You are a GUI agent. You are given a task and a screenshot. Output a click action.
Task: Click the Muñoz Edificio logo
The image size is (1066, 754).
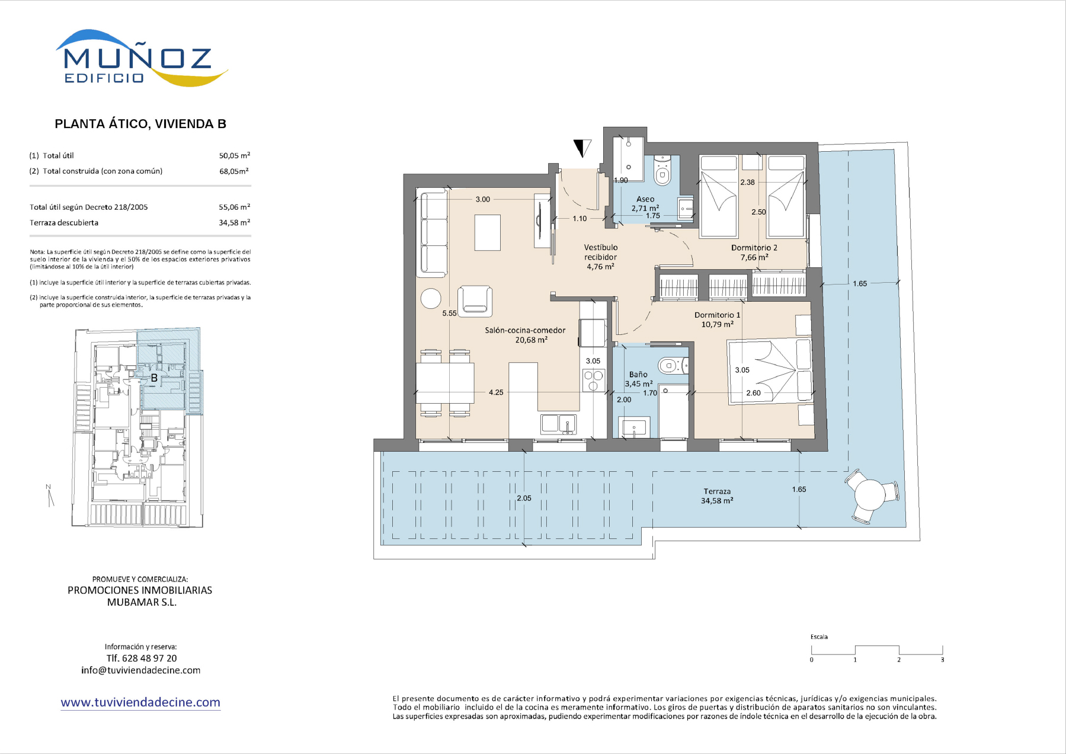(142, 58)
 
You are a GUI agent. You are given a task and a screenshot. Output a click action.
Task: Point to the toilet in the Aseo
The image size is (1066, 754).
(662, 171)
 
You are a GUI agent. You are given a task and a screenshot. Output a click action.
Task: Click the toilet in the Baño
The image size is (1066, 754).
(673, 366)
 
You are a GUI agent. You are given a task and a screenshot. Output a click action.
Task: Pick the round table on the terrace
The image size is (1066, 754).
(870, 494)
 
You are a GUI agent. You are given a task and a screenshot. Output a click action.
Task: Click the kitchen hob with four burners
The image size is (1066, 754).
(594, 380)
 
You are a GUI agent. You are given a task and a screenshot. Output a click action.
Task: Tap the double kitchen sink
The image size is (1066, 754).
(558, 424)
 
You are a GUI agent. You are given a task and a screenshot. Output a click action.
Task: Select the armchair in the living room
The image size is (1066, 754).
(475, 300)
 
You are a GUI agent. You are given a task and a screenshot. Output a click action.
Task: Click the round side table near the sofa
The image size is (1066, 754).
(431, 298)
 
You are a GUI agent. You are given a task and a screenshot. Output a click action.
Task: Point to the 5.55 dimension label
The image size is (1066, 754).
(449, 313)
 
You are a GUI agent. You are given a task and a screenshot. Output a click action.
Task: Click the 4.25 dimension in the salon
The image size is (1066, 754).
(496, 392)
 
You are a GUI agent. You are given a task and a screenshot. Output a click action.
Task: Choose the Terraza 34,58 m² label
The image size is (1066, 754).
(717, 496)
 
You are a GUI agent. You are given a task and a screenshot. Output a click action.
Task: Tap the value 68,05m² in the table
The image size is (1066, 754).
(234, 171)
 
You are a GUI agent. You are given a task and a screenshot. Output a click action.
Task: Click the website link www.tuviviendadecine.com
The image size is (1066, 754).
(140, 702)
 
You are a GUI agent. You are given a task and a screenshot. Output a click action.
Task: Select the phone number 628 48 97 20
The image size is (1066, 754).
(149, 658)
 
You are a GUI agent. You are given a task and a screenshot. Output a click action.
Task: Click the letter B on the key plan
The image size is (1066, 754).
(154, 378)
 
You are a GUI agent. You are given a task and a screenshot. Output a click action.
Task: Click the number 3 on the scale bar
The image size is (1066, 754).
(942, 660)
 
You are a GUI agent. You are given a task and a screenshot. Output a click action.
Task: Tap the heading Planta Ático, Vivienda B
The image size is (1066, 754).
(140, 124)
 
